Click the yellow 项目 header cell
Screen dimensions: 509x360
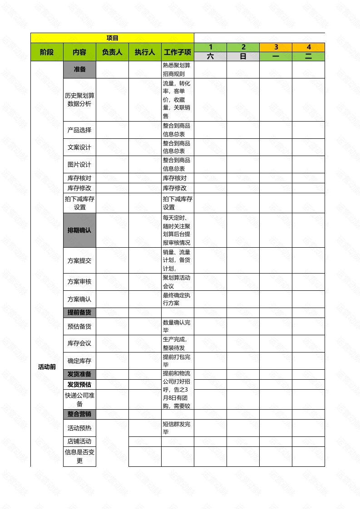[112, 38]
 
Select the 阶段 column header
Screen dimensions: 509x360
[47, 52]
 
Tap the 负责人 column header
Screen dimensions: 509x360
[112, 52]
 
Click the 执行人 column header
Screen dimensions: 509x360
[145, 52]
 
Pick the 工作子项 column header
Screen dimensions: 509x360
[178, 52]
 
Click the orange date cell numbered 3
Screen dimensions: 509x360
[276, 47]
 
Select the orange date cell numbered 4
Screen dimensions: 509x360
[308, 47]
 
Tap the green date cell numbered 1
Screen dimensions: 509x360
[210, 47]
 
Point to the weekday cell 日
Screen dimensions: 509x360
[243, 57]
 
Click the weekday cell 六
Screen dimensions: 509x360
[210, 57]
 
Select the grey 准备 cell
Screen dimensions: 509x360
[79, 69]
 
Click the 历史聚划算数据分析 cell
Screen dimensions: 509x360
[79, 99]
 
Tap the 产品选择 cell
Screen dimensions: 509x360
[79, 130]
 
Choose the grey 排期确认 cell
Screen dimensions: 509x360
[79, 230]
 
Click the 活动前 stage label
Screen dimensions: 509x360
[47, 367]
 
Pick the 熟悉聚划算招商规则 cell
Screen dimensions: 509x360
[178, 69]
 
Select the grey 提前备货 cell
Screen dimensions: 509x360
[79, 313]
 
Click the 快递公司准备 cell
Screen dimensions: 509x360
[79, 399]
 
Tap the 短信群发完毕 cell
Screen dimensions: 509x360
[178, 428]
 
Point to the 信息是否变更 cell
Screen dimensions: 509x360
[79, 456]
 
